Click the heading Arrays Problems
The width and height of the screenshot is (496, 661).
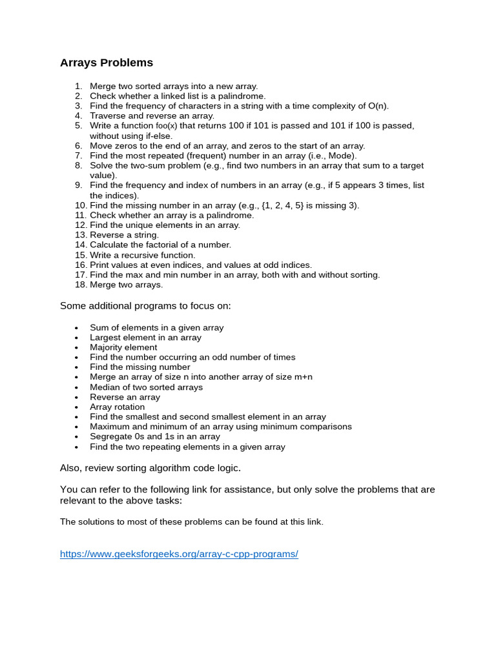tap(107, 63)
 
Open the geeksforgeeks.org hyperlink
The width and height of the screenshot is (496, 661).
tap(179, 554)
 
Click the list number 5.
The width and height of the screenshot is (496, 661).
tap(79, 126)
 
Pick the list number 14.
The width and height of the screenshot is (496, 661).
tap(80, 245)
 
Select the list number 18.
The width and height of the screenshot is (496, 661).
tap(80, 285)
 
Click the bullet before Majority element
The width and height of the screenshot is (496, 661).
tap(76, 347)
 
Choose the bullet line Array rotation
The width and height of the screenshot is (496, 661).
tap(118, 407)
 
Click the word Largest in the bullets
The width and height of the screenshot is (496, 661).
tap(105, 338)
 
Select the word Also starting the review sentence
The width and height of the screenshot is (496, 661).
tap(70, 467)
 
